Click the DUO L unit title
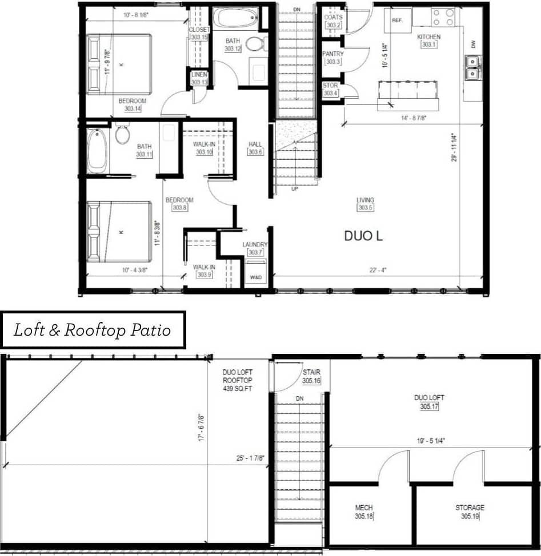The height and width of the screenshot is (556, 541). coord(363,236)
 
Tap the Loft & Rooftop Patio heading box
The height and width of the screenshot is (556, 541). coord(93,330)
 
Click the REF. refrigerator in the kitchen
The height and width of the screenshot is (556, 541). coord(398,19)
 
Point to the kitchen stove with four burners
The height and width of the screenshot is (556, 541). coord(443,17)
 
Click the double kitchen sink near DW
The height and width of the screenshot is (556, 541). coord(472,67)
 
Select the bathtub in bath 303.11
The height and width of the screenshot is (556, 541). coord(97,151)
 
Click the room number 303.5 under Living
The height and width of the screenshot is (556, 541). coord(365,208)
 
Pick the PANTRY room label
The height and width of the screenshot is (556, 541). coord(332,54)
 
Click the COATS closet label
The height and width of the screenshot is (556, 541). coord(333,18)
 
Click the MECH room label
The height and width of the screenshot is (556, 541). coord(364,507)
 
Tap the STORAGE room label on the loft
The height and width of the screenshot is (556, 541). coord(470,507)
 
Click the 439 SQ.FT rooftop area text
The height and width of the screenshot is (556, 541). coord(237,389)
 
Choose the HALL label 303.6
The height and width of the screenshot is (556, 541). coord(255,144)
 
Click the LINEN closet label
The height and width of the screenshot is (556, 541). coord(199,75)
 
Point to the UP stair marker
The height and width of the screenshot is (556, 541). coord(294,188)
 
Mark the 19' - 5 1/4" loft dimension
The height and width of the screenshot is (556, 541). coord(431,441)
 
